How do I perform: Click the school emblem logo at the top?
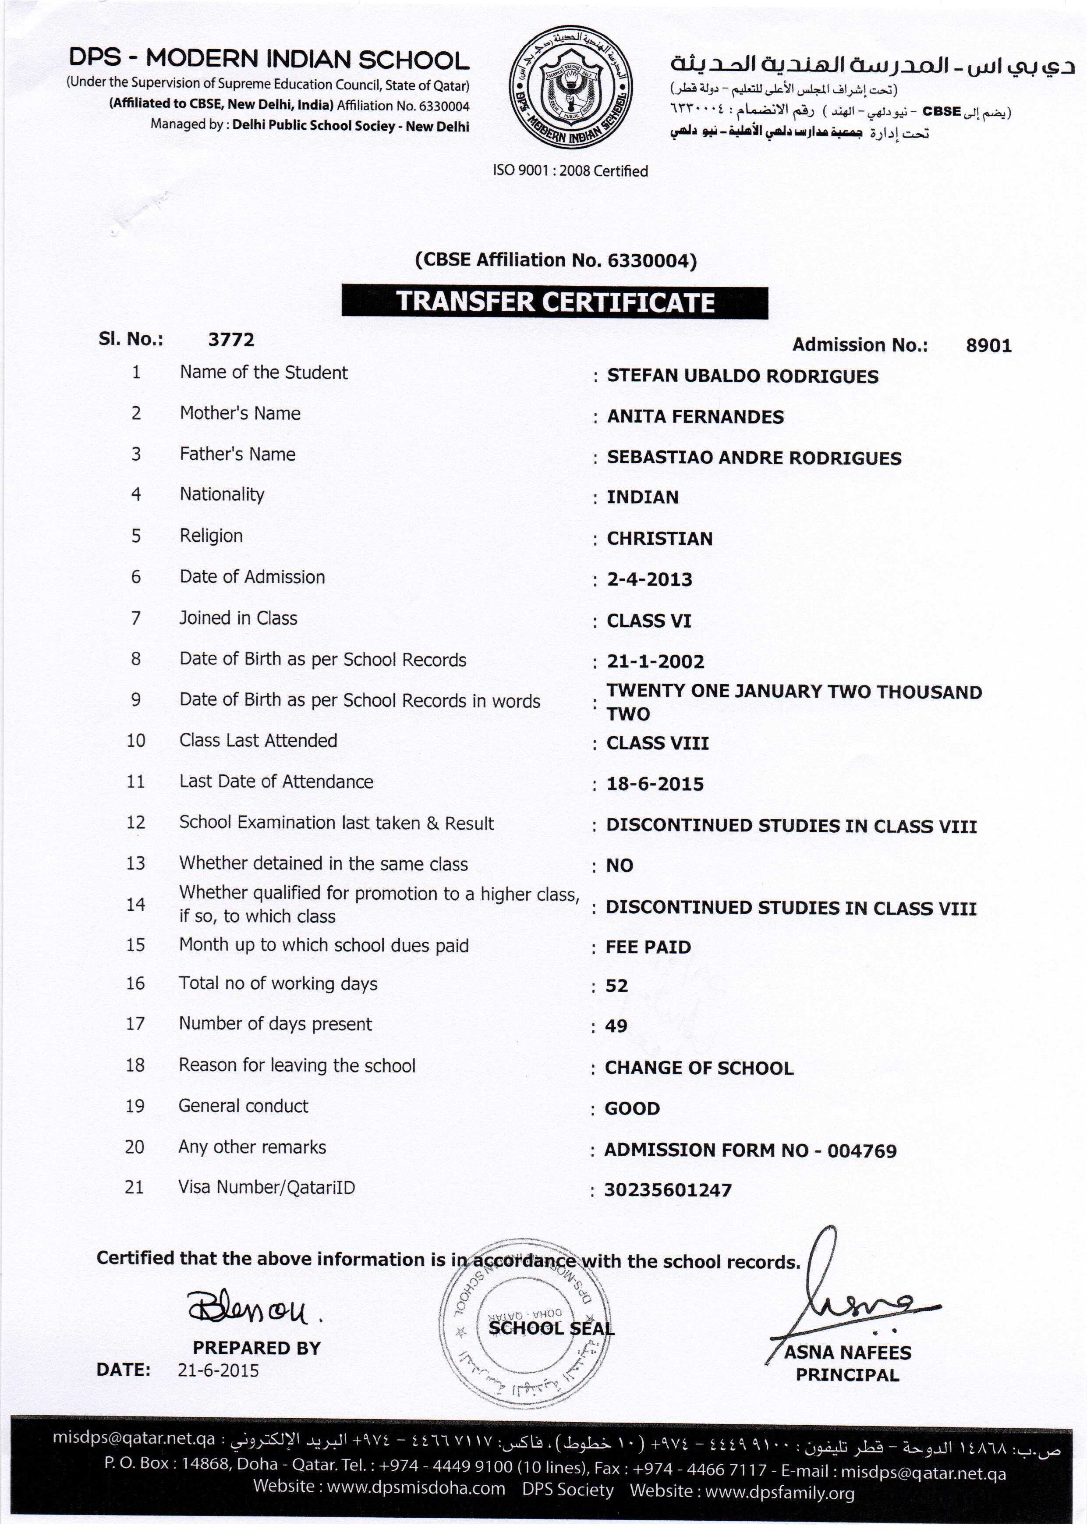[x=570, y=87]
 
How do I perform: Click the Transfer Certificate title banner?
[x=554, y=302]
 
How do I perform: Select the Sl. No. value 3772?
[x=231, y=339]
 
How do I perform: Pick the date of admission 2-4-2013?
[x=649, y=579]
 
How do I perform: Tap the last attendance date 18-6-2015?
[x=655, y=784]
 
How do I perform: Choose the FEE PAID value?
[x=648, y=947]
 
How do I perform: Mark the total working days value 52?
[x=616, y=985]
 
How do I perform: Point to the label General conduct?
[x=243, y=1106]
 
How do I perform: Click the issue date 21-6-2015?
[x=218, y=1370]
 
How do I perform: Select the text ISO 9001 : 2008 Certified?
[x=570, y=170]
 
